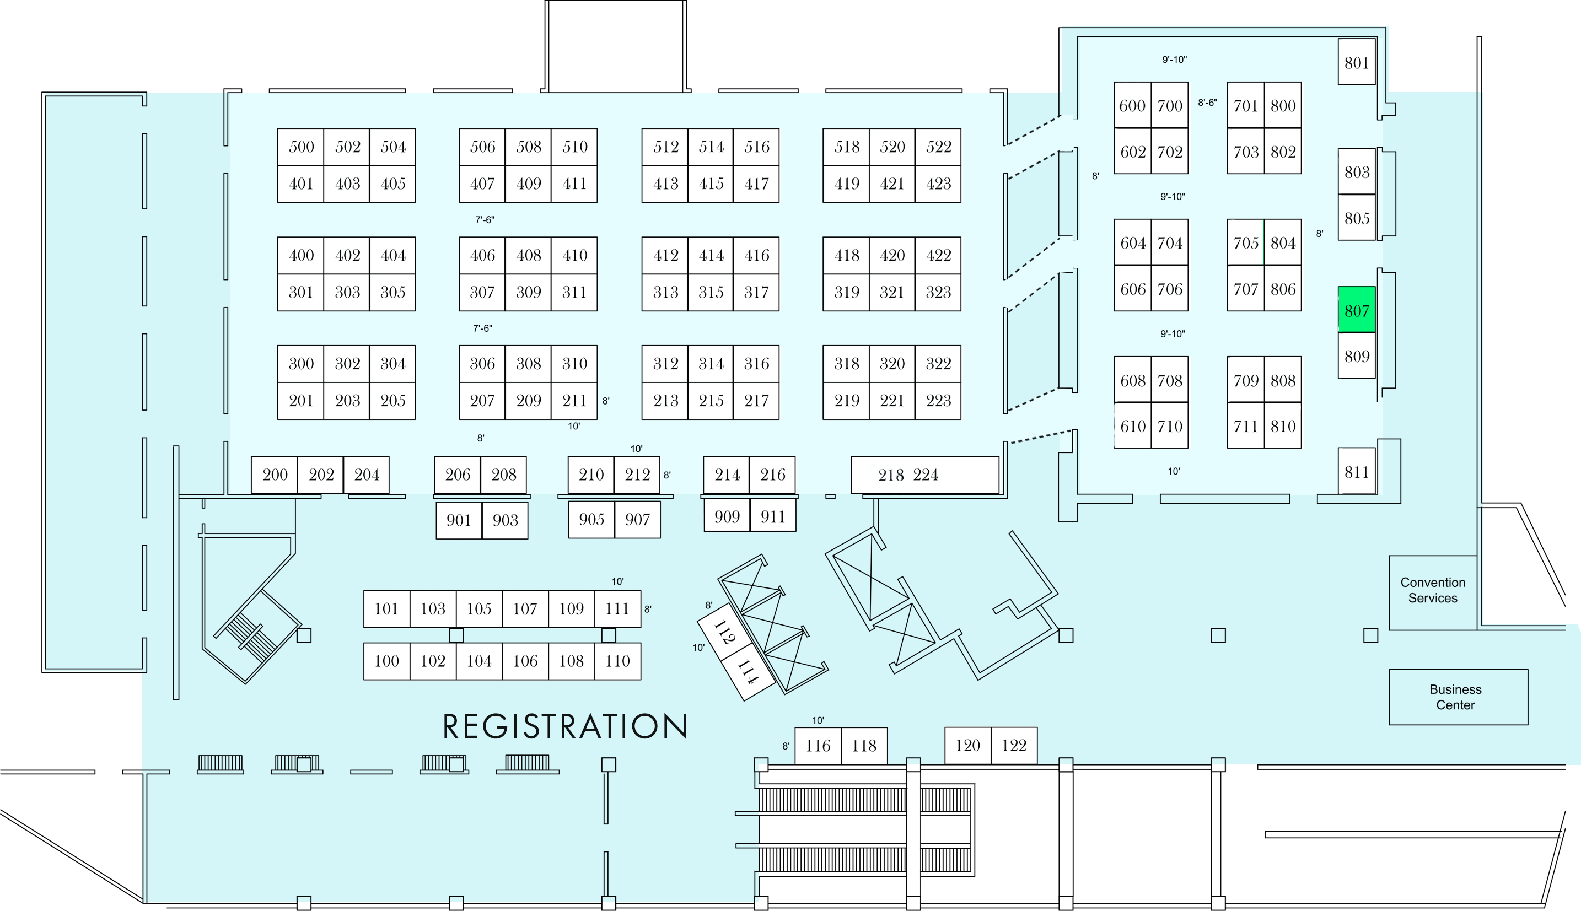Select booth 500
300,147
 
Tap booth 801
1357,62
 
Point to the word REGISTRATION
566,726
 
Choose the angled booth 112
723,632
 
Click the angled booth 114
747,672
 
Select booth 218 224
924,475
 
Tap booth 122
1014,745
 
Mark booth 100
386,661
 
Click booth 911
773,516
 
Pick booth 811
1357,471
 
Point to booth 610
1132,426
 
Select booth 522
938,147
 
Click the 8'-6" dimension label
1207,103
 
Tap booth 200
275,475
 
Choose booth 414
711,255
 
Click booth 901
459,520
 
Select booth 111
617,609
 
